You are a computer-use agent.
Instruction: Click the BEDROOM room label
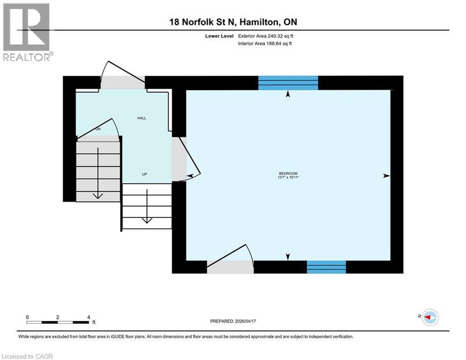(288, 173)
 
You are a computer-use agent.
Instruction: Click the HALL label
(141, 118)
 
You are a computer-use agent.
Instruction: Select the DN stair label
(98, 129)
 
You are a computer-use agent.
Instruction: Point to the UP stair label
(145, 174)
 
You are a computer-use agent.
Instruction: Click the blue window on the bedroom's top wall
(288, 82)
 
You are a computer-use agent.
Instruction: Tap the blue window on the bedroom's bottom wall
(326, 267)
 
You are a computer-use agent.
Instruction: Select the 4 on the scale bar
(88, 317)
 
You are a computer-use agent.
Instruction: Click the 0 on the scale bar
(28, 317)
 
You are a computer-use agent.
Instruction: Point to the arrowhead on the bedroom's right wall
(386, 176)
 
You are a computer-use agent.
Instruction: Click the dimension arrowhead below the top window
(288, 94)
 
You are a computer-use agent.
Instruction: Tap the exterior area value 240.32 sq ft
(278, 36)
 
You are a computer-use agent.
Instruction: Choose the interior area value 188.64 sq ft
(278, 44)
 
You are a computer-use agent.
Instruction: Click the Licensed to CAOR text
(28, 356)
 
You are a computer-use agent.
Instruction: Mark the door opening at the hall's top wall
(123, 82)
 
